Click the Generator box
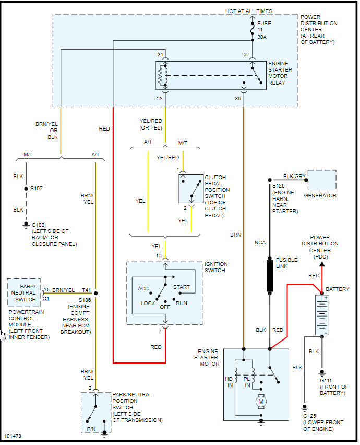322,180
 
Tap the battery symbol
322,314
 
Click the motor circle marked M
260,402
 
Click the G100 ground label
38,225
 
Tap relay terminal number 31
161,55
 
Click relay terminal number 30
238,98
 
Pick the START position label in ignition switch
182,287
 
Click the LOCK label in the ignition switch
148,303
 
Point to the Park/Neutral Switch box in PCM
24,293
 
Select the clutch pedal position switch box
191,188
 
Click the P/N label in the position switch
91,429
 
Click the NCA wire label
260,243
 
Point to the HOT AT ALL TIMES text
249,11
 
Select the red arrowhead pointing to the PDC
322,264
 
